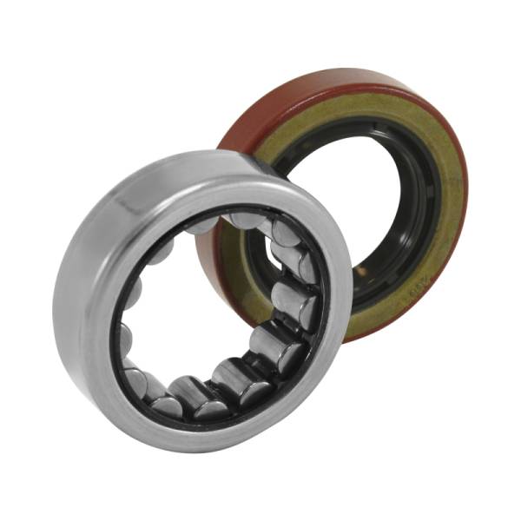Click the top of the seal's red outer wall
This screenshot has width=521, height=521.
(347, 82)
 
